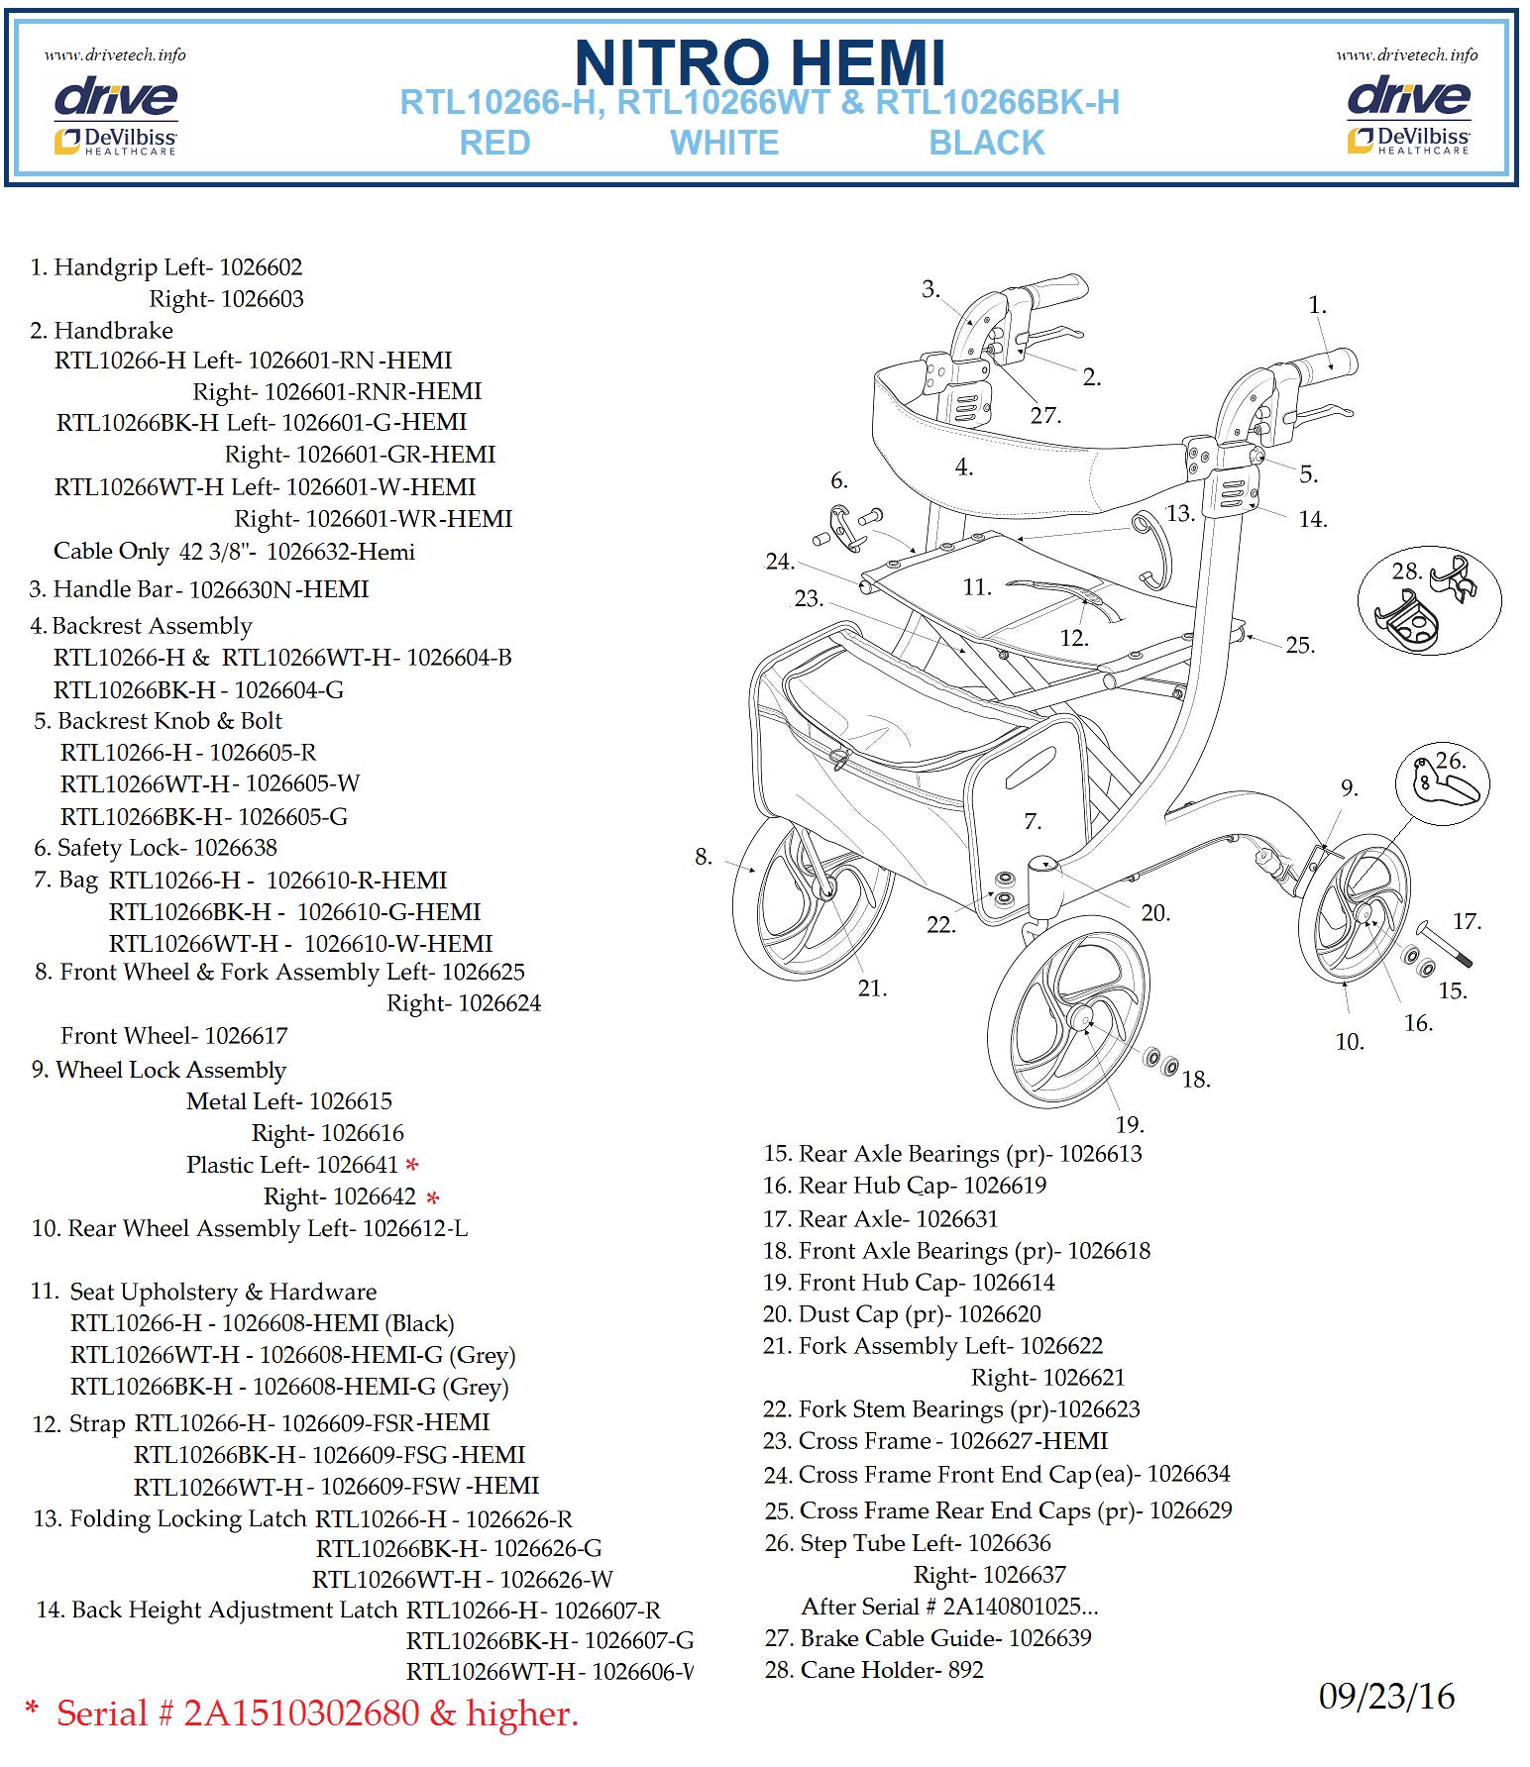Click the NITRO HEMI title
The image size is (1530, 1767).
[x=760, y=62]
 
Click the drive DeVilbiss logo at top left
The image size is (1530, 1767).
[x=115, y=116]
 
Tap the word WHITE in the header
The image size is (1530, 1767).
[x=724, y=143]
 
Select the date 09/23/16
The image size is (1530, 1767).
[x=1386, y=1697]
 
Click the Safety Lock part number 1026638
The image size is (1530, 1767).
[x=235, y=848]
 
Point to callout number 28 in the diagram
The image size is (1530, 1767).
[x=1407, y=571]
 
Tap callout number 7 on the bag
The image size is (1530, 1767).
[x=1033, y=821]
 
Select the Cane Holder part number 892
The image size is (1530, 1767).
[x=965, y=1670]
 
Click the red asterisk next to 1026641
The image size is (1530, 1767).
[x=412, y=1165]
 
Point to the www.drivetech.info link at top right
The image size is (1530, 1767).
[x=1406, y=54]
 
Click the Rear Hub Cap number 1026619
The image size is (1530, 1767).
[x=1005, y=1186]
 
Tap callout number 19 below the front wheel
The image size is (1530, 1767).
[x=1130, y=1124]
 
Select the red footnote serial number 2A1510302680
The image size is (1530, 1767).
[x=302, y=1713]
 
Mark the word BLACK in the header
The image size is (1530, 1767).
[x=987, y=143]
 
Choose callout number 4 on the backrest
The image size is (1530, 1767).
[x=964, y=468]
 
